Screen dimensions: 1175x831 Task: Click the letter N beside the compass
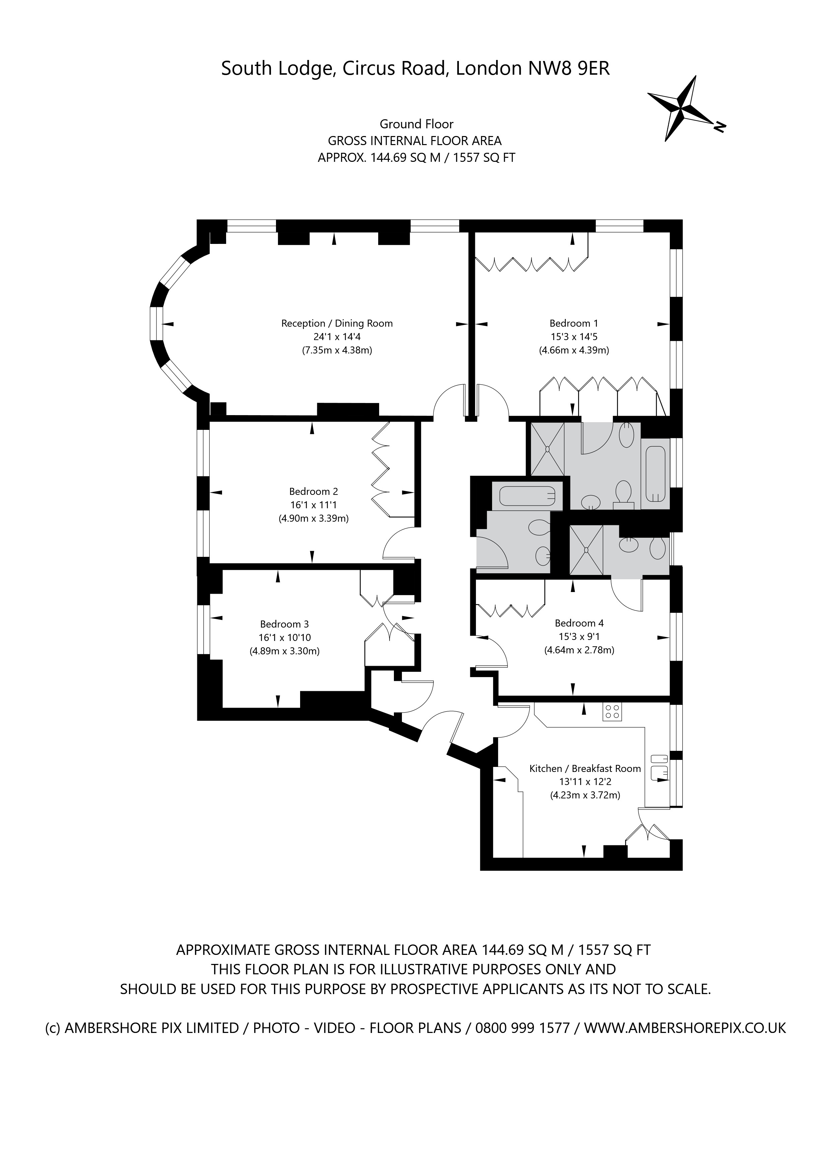719,126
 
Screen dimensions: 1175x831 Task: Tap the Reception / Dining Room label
337,323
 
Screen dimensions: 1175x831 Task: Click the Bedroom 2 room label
313,491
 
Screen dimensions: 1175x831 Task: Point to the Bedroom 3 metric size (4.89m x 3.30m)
284,651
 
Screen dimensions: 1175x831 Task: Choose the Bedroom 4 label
579,623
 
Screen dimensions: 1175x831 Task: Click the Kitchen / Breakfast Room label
584,768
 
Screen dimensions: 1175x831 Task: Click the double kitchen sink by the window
659,768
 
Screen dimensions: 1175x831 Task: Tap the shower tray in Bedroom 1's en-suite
547,449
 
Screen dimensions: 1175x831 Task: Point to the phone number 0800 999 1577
523,1028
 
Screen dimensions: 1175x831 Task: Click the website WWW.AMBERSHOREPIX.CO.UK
685,1028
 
